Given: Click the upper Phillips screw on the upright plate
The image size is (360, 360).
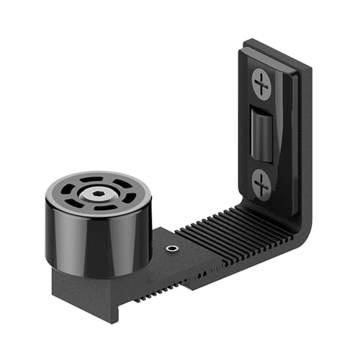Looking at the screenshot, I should (x=262, y=85).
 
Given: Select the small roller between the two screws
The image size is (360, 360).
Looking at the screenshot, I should (x=261, y=135).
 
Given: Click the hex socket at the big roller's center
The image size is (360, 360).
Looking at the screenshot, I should (x=98, y=194).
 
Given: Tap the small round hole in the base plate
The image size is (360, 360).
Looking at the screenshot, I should (x=171, y=248).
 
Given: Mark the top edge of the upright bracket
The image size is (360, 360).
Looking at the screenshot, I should (x=277, y=48).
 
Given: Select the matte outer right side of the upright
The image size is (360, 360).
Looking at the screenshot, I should (x=307, y=144).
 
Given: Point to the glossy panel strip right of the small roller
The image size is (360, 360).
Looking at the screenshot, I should (x=284, y=137).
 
